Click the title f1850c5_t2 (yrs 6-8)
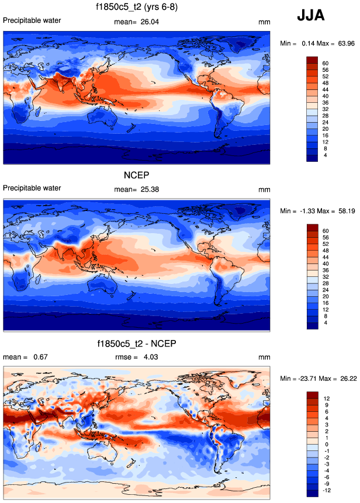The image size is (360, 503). pyautogui.click(x=137, y=8)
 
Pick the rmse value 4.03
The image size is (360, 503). pyautogui.click(x=150, y=357)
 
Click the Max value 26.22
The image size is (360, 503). pyautogui.click(x=344, y=378)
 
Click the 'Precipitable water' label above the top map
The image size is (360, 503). pyautogui.click(x=32, y=21)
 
